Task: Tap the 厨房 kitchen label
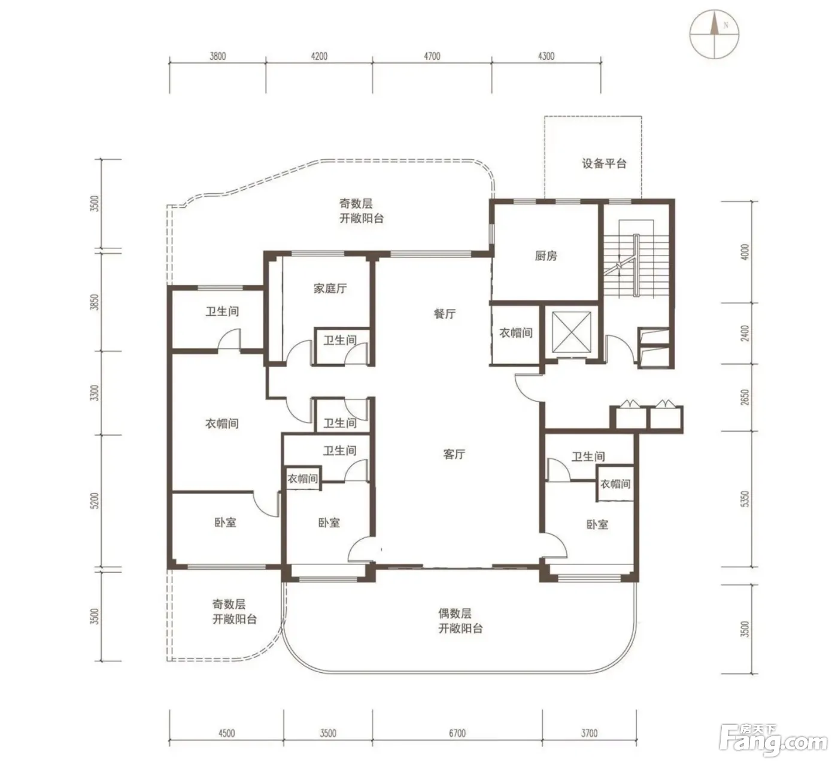click(x=546, y=256)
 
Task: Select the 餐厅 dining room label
click(x=445, y=314)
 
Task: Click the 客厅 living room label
click(x=454, y=454)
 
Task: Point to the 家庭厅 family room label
click(x=330, y=289)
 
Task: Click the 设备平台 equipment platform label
click(x=604, y=163)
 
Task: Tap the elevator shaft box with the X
click(x=572, y=333)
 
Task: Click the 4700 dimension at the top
click(x=432, y=56)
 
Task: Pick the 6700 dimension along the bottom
click(x=457, y=733)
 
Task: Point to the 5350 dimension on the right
click(x=745, y=499)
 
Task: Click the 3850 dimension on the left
click(x=95, y=302)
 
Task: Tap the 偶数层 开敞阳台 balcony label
click(x=460, y=621)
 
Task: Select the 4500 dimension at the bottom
click(x=226, y=733)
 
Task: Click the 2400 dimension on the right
click(x=745, y=333)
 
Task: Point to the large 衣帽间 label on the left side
click(x=222, y=423)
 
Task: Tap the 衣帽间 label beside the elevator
click(x=516, y=333)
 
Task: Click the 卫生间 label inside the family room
click(x=340, y=340)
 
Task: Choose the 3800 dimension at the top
click(x=218, y=56)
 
